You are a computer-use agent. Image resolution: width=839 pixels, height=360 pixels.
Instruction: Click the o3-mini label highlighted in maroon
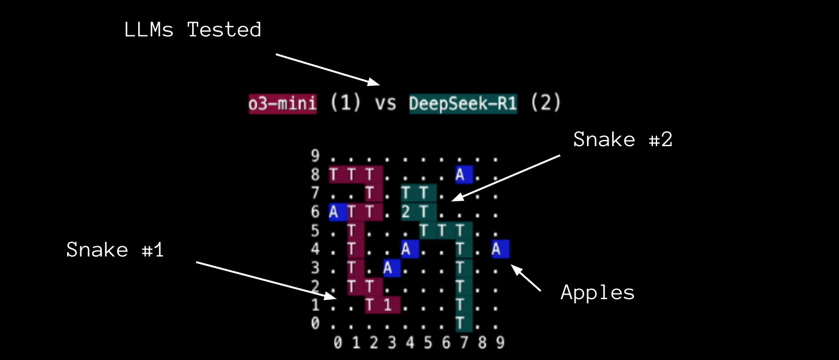(283, 104)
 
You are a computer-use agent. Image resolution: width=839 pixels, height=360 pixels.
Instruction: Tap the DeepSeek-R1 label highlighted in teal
(463, 104)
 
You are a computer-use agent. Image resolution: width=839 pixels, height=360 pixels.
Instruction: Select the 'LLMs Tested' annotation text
(193, 30)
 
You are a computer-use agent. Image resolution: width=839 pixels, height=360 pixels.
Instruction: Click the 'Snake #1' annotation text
(115, 250)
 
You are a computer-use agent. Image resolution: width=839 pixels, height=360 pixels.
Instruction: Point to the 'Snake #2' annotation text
(622, 139)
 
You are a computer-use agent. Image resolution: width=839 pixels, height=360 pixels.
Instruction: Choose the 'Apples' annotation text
(597, 292)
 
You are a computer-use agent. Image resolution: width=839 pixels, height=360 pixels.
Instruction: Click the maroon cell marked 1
(387, 305)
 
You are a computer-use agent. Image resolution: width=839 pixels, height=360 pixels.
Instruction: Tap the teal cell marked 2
(406, 212)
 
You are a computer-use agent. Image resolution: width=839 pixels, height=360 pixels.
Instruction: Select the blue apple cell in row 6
(334, 212)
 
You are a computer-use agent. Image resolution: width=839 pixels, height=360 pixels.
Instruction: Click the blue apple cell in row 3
(388, 268)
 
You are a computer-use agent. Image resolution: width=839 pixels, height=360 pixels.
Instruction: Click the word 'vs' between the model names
(385, 104)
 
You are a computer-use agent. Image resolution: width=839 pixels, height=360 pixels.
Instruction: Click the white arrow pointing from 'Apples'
(527, 278)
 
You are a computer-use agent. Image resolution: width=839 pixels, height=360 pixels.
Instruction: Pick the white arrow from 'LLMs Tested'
(327, 69)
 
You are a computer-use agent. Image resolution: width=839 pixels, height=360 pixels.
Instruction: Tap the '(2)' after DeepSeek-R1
(545, 104)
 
